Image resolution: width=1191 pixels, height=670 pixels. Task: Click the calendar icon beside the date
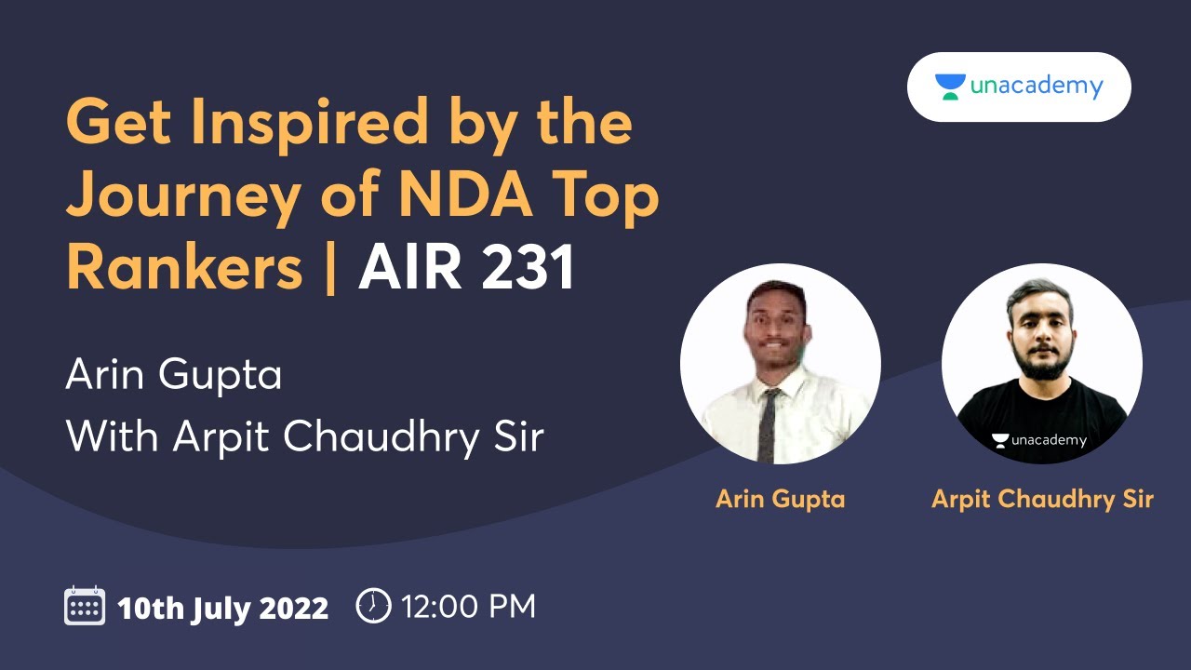tap(85, 607)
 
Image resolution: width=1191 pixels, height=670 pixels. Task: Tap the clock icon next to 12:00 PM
tap(374, 606)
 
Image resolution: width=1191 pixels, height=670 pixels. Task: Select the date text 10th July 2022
tap(222, 609)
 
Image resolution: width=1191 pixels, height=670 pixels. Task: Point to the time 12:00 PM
tap(468, 607)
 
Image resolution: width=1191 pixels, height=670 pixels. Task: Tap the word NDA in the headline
tap(473, 195)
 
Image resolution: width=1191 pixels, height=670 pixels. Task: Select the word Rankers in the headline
tap(185, 268)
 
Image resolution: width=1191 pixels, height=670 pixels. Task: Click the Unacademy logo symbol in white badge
tap(950, 87)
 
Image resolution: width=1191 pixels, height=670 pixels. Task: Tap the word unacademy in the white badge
tap(1036, 87)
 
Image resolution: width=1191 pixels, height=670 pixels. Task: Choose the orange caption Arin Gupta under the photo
tap(780, 499)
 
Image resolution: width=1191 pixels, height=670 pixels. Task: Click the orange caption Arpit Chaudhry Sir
tap(1042, 499)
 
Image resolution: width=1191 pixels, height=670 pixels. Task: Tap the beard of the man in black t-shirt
tap(1042, 361)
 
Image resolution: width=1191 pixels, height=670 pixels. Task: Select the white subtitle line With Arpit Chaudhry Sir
tap(304, 436)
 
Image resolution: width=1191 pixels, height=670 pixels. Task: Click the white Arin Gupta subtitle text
tap(173, 377)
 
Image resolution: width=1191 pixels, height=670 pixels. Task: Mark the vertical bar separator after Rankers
tap(331, 268)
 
